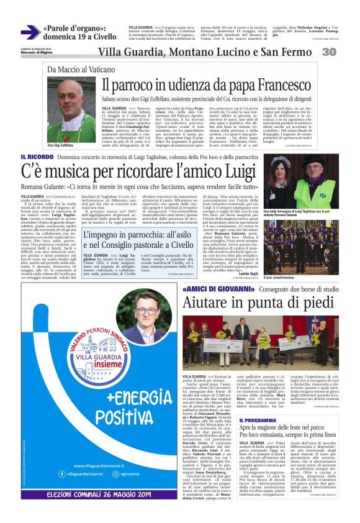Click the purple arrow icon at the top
29,32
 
